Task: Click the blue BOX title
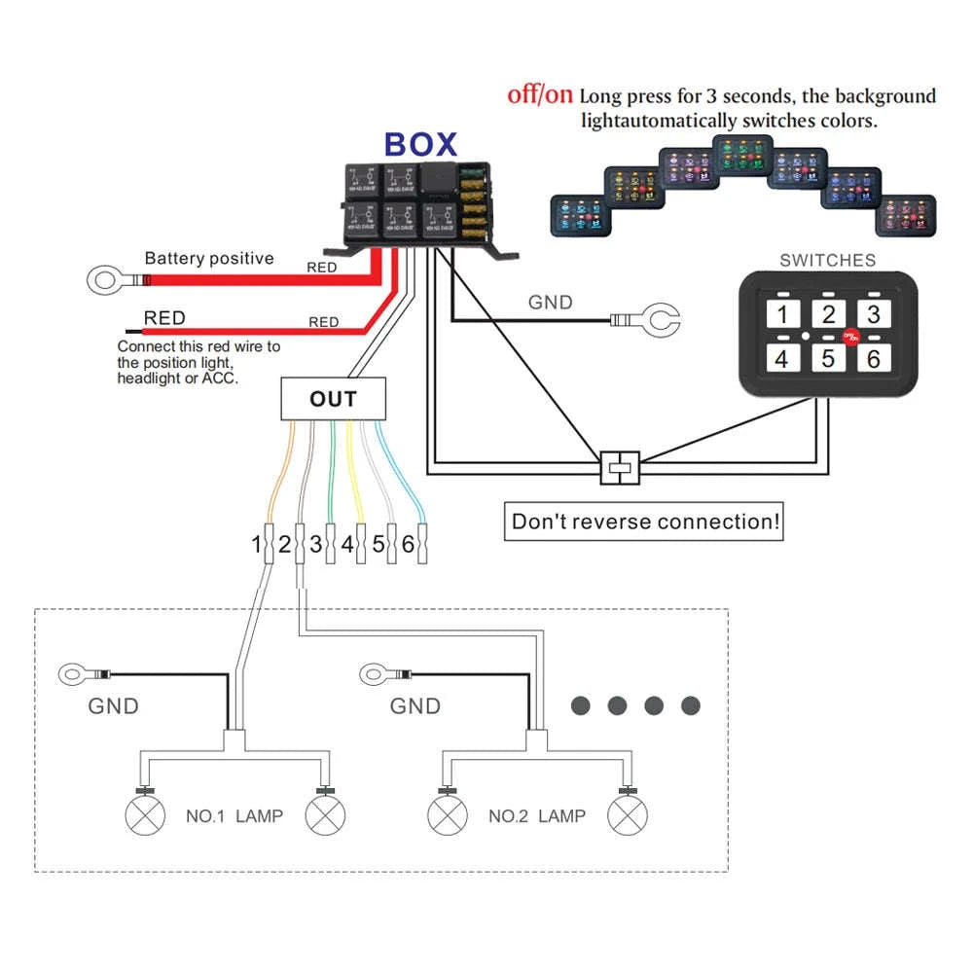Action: pos(420,144)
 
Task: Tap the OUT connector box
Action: pos(333,399)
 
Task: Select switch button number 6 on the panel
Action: pos(873,358)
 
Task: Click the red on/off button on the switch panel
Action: pos(849,336)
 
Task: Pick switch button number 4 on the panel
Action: pos(781,358)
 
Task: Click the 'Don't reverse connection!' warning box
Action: pos(645,522)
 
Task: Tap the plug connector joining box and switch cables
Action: pos(619,468)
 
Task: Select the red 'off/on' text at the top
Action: pos(540,95)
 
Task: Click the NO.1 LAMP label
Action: pos(234,815)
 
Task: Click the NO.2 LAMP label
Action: pos(537,815)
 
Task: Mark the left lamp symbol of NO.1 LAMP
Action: pos(144,815)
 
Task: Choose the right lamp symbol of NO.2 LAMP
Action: pos(627,815)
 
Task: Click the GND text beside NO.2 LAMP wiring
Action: pos(415,706)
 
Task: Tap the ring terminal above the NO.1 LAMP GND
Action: pos(73,673)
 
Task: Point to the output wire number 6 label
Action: pos(408,545)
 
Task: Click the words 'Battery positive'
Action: pos(209,259)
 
